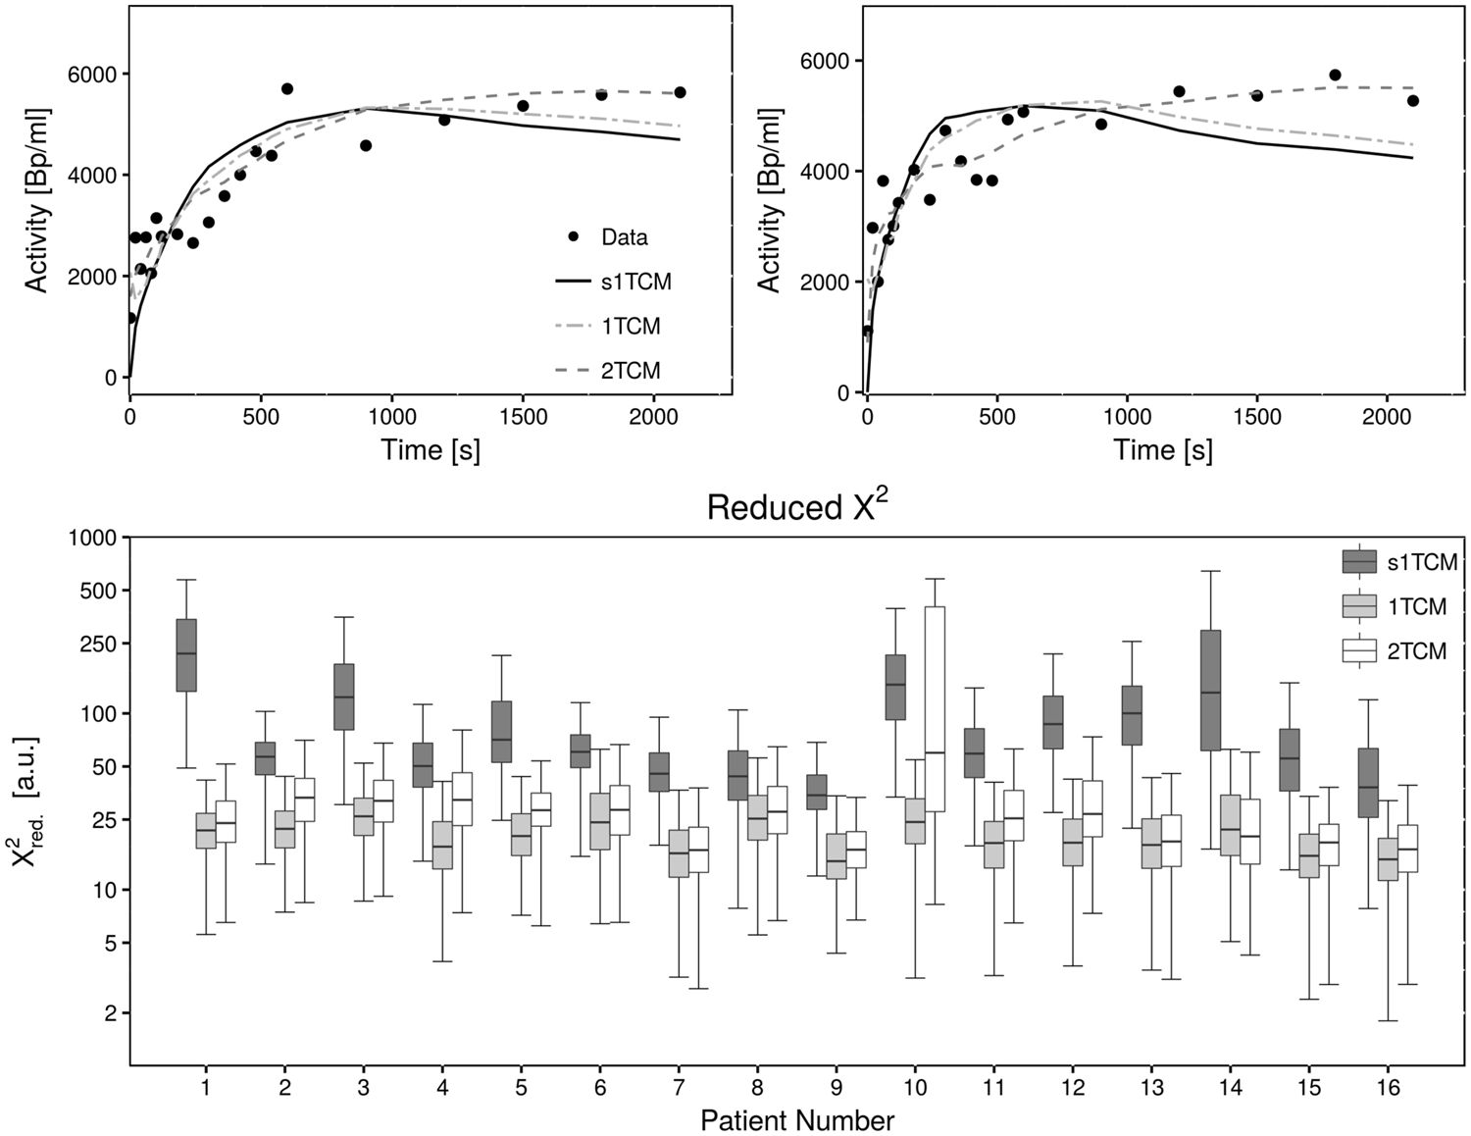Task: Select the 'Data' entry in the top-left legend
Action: (624, 237)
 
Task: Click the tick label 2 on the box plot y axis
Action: (110, 1012)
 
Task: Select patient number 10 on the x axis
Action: (915, 1088)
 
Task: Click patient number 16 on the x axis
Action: (1388, 1088)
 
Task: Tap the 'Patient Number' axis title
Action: (797, 1120)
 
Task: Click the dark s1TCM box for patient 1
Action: (186, 654)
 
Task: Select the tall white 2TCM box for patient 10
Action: (935, 708)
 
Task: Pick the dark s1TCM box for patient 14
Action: (1211, 690)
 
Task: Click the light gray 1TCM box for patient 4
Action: (442, 845)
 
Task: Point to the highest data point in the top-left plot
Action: (287, 88)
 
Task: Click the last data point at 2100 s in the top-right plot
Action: (1412, 100)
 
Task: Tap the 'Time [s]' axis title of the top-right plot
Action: (1162, 450)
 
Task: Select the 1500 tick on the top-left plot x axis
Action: (523, 415)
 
